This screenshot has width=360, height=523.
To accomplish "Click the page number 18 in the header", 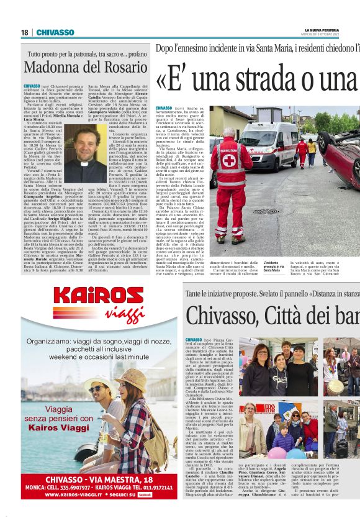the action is coord(25,32).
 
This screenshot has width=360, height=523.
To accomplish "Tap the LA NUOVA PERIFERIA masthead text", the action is coord(322,30).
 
